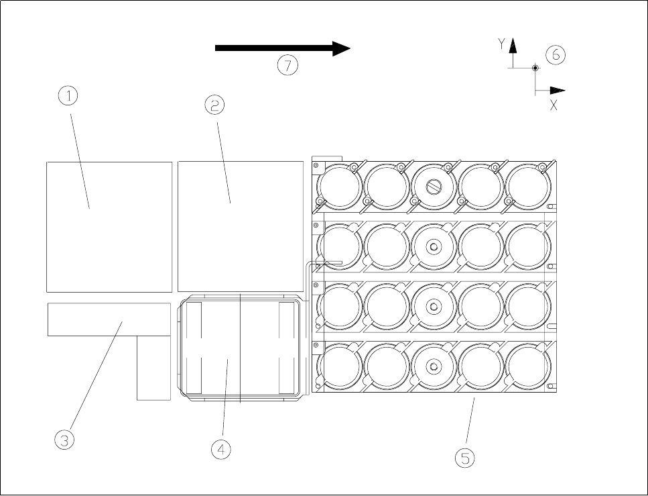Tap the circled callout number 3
click(x=64, y=440)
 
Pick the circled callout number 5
click(x=464, y=458)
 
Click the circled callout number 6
click(x=556, y=55)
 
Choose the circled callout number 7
click(x=287, y=65)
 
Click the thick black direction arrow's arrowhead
click(x=342, y=48)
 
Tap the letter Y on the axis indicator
click(x=501, y=44)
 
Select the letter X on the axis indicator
click(x=554, y=105)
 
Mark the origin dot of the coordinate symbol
click(x=535, y=68)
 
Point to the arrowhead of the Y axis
click(x=513, y=45)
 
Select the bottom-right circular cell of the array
click(x=528, y=367)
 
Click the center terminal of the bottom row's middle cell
click(x=434, y=366)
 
